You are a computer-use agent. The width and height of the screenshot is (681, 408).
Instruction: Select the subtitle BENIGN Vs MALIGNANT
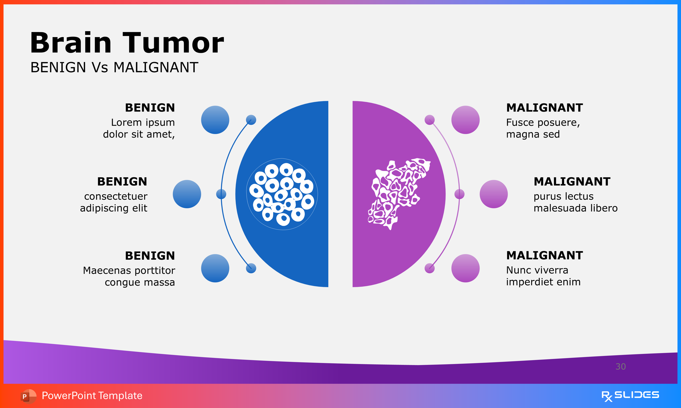click(114, 67)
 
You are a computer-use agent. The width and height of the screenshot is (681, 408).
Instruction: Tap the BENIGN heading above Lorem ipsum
click(150, 107)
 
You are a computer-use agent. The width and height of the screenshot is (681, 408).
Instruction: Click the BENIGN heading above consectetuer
click(122, 182)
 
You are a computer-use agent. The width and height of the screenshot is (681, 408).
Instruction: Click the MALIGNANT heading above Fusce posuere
click(544, 107)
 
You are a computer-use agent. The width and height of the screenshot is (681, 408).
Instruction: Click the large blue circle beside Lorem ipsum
click(215, 120)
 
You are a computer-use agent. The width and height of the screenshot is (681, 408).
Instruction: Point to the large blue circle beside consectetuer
click(187, 194)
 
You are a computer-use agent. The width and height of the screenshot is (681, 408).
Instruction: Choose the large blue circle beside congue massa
click(215, 268)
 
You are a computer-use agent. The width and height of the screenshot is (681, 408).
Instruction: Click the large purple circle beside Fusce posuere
click(465, 120)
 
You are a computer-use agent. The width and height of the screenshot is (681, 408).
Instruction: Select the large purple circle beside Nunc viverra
click(465, 268)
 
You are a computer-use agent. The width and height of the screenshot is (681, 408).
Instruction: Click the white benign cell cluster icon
click(282, 194)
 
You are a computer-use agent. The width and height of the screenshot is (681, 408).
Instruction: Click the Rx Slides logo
click(630, 396)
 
